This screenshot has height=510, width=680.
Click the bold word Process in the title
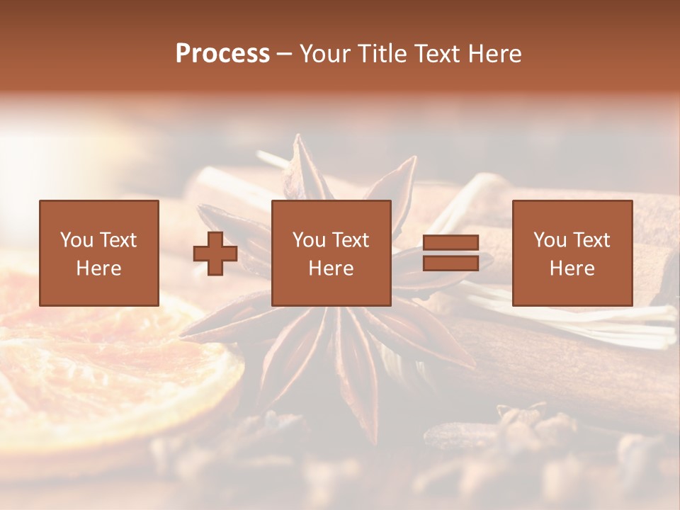pyautogui.click(x=222, y=54)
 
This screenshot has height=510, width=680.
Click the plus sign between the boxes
pyautogui.click(x=215, y=254)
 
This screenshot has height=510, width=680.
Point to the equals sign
pyautogui.click(x=450, y=253)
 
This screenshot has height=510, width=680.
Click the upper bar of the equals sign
pyautogui.click(x=450, y=243)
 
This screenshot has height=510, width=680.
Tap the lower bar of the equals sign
pyautogui.click(x=450, y=263)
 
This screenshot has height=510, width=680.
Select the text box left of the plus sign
pyautogui.click(x=98, y=253)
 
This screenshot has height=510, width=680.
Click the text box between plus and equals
pyautogui.click(x=331, y=253)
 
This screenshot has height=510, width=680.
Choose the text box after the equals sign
pyautogui.click(x=572, y=253)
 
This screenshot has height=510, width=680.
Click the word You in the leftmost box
pyautogui.click(x=76, y=240)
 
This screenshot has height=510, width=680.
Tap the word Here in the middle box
pyautogui.click(x=331, y=268)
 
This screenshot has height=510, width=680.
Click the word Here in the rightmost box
pyautogui.click(x=572, y=268)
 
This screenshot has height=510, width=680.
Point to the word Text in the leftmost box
pyautogui.click(x=118, y=240)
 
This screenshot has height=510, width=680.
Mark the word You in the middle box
pyautogui.click(x=308, y=240)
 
